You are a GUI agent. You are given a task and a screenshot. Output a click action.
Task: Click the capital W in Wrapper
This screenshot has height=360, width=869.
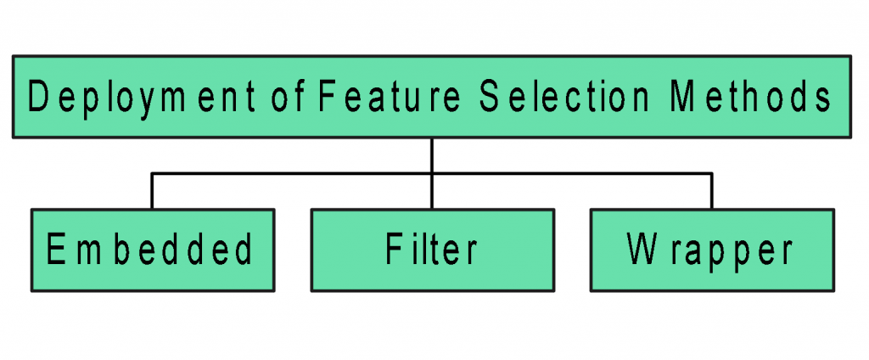coord(642,250)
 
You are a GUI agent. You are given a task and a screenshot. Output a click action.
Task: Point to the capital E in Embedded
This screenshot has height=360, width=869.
coord(56,250)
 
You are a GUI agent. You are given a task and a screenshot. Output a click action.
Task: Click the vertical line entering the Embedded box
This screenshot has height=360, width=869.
coord(152,192)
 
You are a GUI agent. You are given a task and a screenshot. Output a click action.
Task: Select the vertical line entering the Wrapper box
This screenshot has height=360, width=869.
coord(711,192)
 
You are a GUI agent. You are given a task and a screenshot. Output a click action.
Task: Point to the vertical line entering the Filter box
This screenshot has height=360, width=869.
coord(432,192)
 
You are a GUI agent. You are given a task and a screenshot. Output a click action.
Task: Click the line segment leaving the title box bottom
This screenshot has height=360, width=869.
coord(432,155)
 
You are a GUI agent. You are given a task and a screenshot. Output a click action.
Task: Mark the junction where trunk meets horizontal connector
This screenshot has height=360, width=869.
coord(432,173)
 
